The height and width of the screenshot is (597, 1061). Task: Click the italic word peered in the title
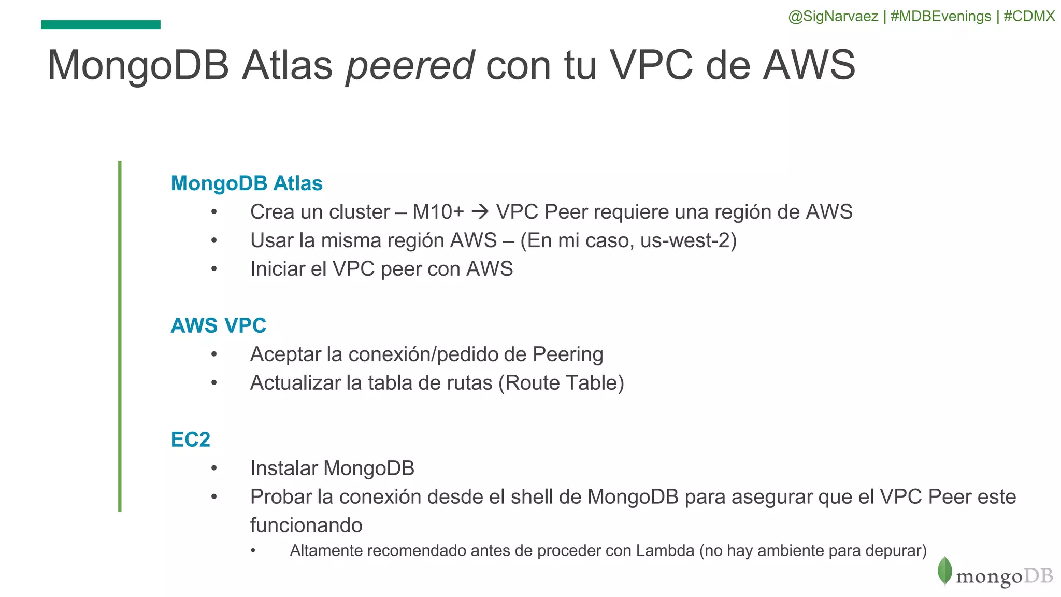coord(410,66)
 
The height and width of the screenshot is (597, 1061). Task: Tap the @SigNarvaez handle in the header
coord(833,17)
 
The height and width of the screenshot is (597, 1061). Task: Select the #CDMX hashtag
coord(1029,17)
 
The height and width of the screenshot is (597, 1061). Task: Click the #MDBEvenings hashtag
coord(941,17)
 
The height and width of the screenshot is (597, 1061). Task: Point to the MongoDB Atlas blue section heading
coord(247,183)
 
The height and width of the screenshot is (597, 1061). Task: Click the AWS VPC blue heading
coord(218,325)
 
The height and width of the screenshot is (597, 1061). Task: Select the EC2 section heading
coord(191,439)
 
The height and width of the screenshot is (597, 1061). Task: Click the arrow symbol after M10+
coord(480,211)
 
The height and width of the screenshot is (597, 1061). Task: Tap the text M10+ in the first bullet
coord(438,212)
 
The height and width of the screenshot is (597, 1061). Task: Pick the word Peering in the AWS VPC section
coord(568,354)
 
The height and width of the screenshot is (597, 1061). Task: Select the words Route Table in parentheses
coord(561,383)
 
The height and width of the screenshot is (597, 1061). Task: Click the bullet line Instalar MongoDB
coord(332,468)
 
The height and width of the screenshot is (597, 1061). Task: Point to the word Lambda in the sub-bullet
coord(665,550)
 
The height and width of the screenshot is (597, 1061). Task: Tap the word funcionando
coord(306,525)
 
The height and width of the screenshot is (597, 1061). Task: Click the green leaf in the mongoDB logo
coord(944,571)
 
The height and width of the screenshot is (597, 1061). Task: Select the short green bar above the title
coord(101,24)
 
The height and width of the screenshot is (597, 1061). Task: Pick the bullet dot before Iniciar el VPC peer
coord(214,269)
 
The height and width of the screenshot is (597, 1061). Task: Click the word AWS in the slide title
coord(809,66)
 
